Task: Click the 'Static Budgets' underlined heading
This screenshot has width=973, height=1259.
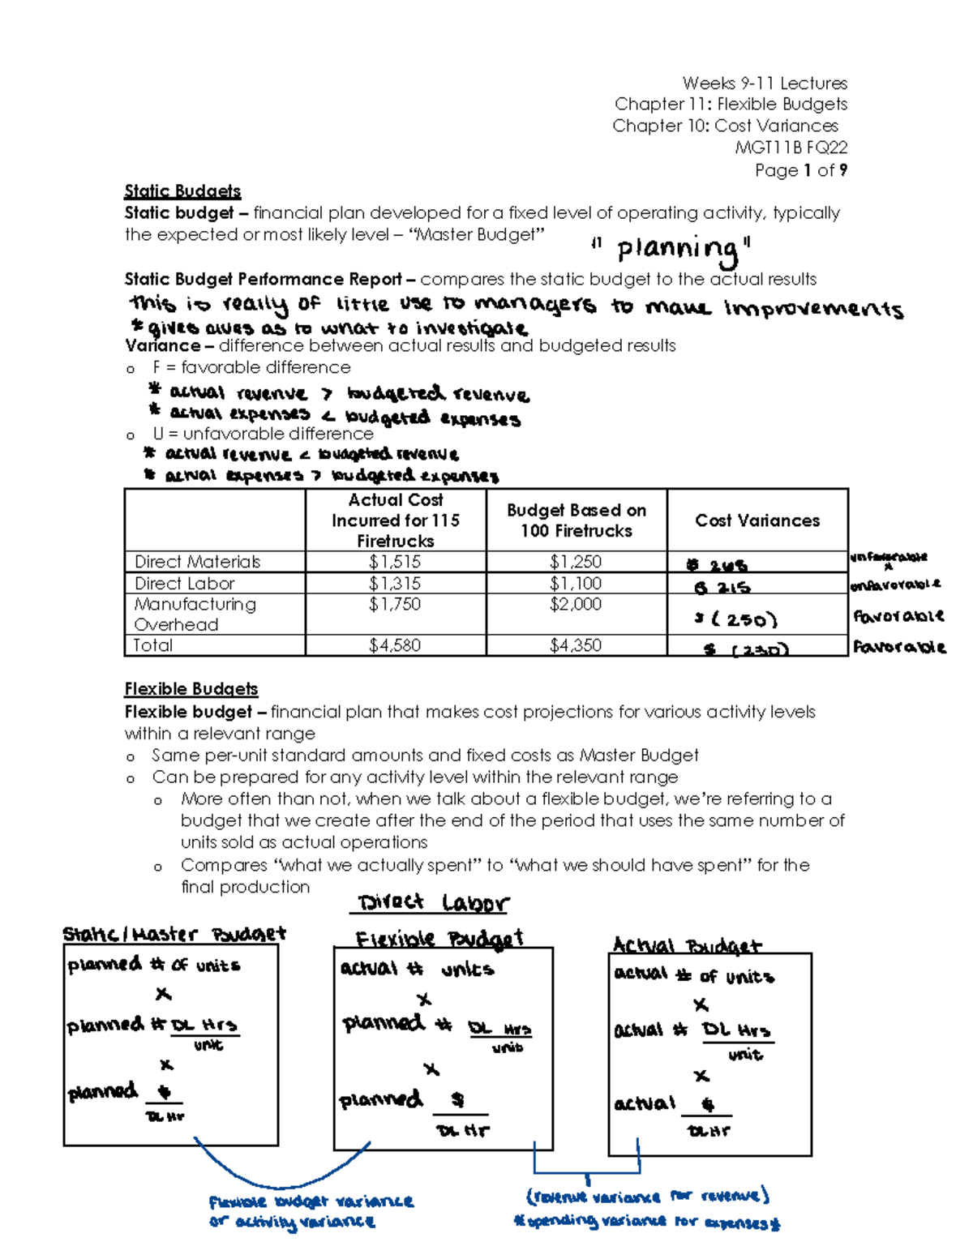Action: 182,191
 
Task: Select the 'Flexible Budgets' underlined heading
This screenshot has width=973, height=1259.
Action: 191,689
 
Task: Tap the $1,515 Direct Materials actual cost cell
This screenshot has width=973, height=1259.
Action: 395,562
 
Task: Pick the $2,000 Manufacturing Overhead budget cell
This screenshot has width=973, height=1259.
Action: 576,604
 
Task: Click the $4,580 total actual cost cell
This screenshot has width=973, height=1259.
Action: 395,645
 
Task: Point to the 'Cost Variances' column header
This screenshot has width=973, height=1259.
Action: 757,520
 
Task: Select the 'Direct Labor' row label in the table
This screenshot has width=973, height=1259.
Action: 185,584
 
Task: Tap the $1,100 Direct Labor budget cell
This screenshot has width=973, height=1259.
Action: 576,584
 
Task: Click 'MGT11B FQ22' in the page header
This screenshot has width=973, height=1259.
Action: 791,148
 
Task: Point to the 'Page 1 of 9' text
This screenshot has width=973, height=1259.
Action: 801,170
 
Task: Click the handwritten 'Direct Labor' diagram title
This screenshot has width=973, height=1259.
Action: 433,903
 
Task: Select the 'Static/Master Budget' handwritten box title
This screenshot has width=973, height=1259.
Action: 174,934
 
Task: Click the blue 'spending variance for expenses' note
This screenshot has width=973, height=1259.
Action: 646,1222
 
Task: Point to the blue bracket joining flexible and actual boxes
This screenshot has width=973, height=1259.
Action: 587,1172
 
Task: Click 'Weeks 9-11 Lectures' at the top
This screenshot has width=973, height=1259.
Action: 765,83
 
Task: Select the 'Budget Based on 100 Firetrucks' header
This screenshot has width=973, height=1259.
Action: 577,520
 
